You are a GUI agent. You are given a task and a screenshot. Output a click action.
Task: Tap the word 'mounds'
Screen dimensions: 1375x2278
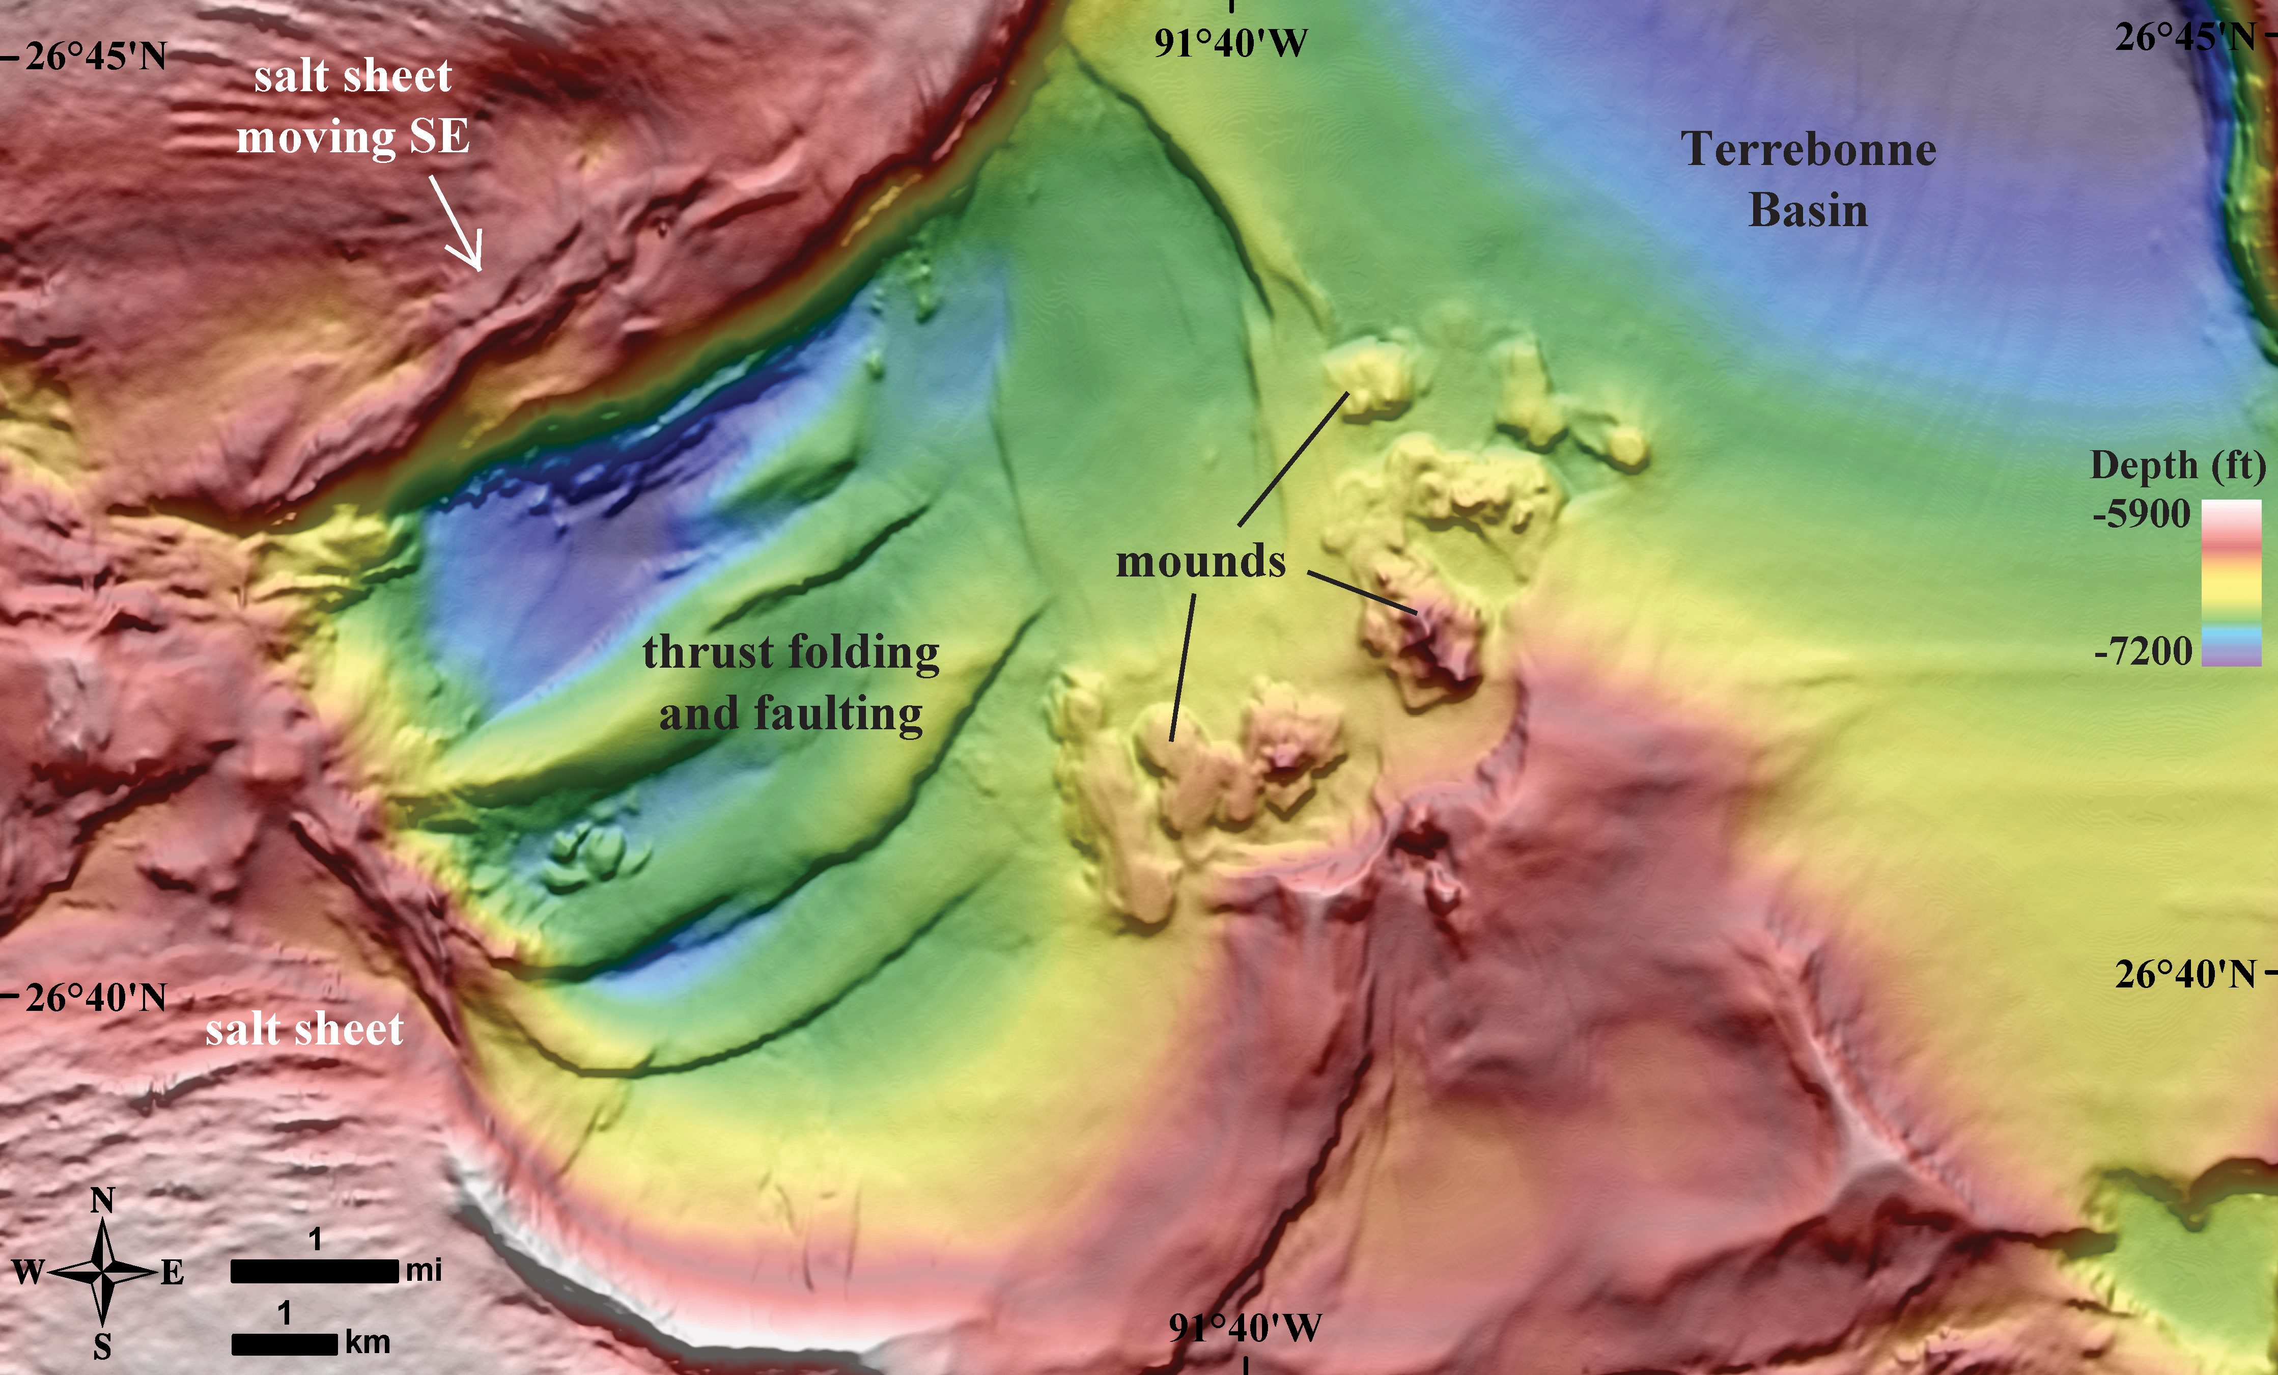click(1200, 561)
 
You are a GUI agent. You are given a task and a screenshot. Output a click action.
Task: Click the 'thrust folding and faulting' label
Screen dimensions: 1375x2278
click(791, 682)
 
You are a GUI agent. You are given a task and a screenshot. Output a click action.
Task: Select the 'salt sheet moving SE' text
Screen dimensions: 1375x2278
click(353, 106)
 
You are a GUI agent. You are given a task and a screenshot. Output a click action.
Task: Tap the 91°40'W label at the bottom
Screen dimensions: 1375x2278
click(1245, 1328)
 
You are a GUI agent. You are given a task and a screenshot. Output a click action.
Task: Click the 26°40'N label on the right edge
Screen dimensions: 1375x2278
click(2185, 974)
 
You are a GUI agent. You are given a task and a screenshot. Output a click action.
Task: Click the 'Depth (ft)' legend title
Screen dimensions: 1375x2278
click(2177, 465)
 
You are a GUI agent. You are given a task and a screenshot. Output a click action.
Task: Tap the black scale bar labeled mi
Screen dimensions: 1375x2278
click(314, 1272)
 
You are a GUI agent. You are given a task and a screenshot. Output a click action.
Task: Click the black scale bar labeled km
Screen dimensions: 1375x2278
click(284, 1343)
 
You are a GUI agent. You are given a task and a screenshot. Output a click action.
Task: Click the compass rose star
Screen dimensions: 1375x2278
click(103, 1273)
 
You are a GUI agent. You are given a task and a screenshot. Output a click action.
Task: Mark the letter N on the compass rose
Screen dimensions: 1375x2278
click(103, 1202)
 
